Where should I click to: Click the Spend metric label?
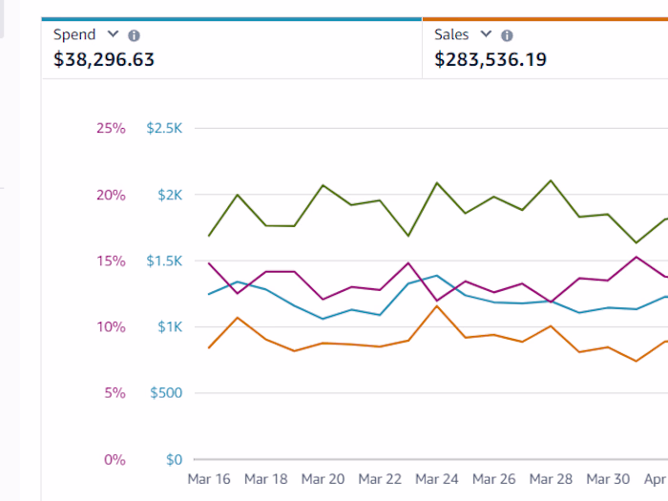(x=74, y=34)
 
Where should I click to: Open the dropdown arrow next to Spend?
(x=113, y=34)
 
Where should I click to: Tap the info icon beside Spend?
(x=134, y=35)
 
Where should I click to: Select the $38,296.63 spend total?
(x=104, y=59)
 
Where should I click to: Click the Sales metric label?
(x=451, y=34)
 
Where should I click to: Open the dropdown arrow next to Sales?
(x=486, y=34)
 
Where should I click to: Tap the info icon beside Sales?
(x=507, y=35)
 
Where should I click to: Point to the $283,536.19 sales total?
(x=491, y=59)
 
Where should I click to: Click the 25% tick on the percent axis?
(x=110, y=128)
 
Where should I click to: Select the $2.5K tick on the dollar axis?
(x=163, y=128)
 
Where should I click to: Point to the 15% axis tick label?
(x=110, y=261)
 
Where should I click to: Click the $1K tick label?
(x=169, y=327)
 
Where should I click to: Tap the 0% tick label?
(x=114, y=460)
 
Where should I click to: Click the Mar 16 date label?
(x=209, y=479)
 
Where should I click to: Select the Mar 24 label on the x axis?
(x=437, y=479)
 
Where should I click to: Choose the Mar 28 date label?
(x=551, y=479)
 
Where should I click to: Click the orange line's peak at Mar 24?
(x=437, y=305)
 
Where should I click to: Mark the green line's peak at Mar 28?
(x=551, y=180)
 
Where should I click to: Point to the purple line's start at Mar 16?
(x=209, y=263)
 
